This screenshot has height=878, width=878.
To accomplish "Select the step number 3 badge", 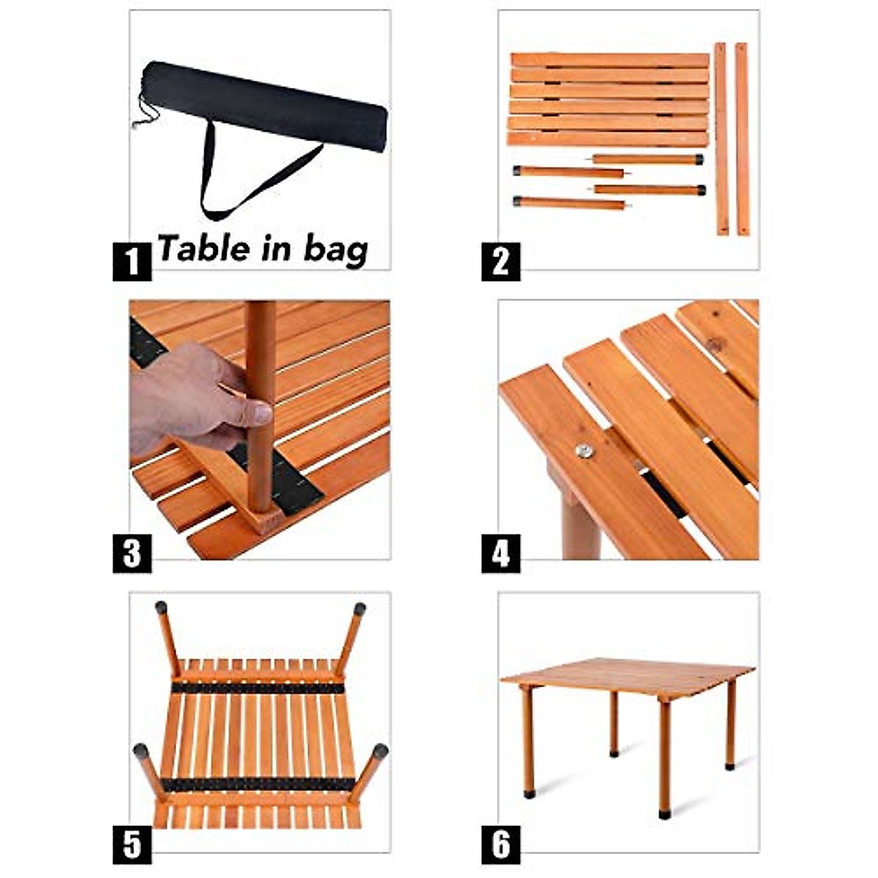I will tap(132, 553).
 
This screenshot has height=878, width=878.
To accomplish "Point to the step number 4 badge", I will tap(500, 553).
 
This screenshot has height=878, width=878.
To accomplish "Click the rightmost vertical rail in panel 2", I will tap(742, 139).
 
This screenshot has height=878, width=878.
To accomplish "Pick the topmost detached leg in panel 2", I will tap(648, 159).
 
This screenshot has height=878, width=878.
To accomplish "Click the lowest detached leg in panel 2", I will tap(571, 203).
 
